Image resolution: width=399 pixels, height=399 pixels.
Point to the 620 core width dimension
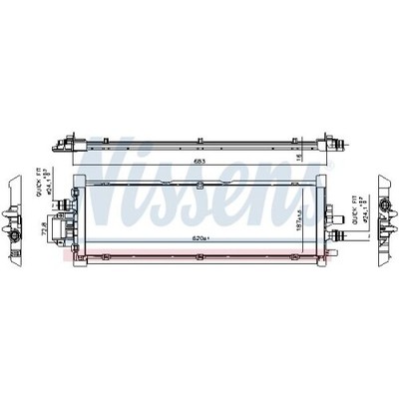202,239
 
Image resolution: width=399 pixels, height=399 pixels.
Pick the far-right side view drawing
385,219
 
